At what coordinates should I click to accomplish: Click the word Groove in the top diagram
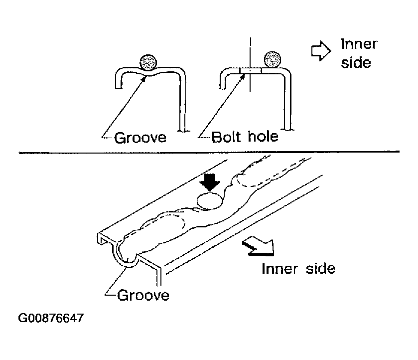[140, 138]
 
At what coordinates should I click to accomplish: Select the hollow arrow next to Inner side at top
[321, 51]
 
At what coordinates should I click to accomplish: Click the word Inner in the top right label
[359, 44]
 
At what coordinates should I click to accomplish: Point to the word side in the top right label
[356, 63]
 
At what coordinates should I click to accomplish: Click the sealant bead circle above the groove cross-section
[148, 62]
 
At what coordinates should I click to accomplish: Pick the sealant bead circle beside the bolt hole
[273, 59]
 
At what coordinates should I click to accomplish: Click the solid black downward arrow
[210, 182]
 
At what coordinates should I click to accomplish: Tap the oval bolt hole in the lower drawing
[210, 200]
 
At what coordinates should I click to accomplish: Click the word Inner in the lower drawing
[280, 268]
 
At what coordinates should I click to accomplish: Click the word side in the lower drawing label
[320, 268]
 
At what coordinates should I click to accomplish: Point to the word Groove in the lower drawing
[143, 295]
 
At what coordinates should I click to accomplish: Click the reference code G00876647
[51, 318]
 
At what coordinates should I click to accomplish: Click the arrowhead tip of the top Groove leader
[145, 77]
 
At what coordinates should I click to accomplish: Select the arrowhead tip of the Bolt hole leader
[245, 75]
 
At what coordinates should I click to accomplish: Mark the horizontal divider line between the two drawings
[209, 152]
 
